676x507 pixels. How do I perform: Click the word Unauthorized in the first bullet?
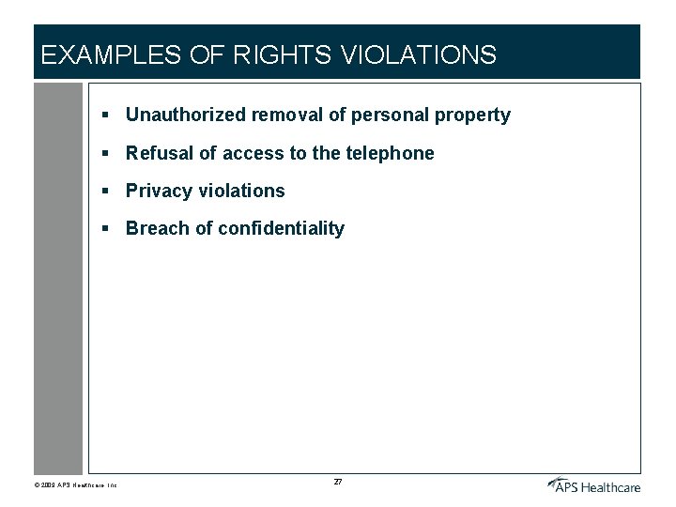click(186, 115)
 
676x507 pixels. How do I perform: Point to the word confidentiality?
click(281, 228)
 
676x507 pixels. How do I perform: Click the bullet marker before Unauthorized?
click(108, 115)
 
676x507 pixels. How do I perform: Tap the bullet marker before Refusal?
click(108, 153)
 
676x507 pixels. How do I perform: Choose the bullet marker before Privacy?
click(108, 191)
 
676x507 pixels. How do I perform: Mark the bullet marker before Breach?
click(108, 228)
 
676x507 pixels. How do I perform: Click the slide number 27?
click(338, 482)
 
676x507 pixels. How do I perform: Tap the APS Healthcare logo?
click(593, 484)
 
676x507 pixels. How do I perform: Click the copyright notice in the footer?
click(75, 485)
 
